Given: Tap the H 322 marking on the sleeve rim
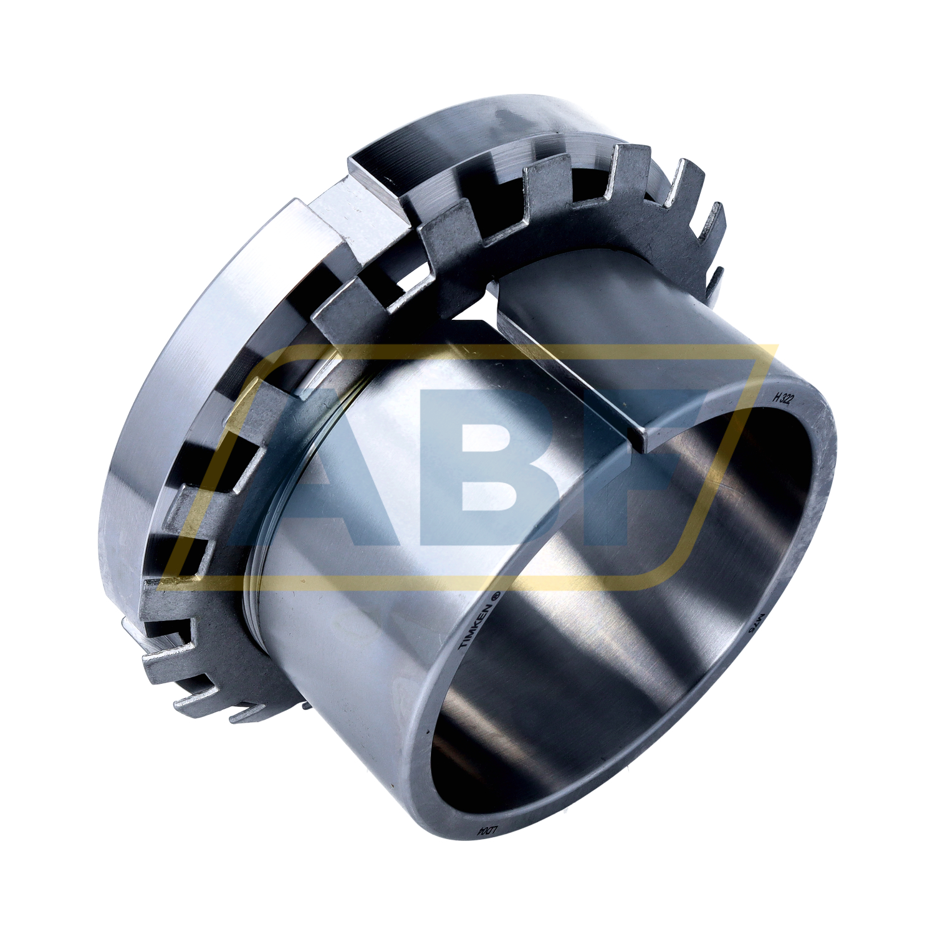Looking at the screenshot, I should click(x=782, y=400).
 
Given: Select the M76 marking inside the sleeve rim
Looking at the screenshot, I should click(x=754, y=624).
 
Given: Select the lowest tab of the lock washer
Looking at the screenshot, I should click(x=249, y=717).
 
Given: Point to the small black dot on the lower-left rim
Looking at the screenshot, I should click(x=428, y=730).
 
